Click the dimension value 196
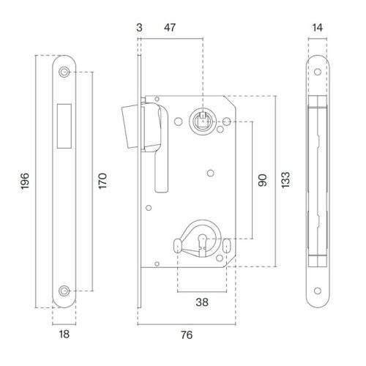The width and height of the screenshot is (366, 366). coord(25,181)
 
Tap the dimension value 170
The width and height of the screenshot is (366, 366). coord(102,181)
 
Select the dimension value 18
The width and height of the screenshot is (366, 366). coord(64,334)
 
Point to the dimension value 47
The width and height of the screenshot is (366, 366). coord(170,27)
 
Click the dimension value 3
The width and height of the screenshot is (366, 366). coord(139,28)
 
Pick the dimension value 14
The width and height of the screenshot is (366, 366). coord(318,28)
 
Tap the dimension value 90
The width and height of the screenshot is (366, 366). coord(263,180)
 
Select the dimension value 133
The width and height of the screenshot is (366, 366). coord(285,180)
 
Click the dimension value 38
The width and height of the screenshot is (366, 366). coord(202,302)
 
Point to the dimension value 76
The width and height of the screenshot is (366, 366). coord(187,335)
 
